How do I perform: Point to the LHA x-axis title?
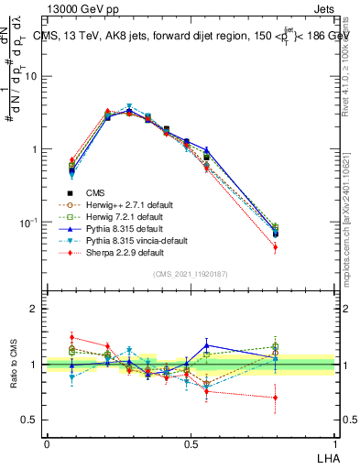(325, 455)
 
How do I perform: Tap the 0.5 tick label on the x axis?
(190, 443)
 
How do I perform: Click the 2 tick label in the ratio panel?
(35, 309)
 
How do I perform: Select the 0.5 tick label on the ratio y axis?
(30, 420)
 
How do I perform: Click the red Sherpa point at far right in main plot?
(276, 247)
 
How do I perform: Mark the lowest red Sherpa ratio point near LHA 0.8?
(276, 398)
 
